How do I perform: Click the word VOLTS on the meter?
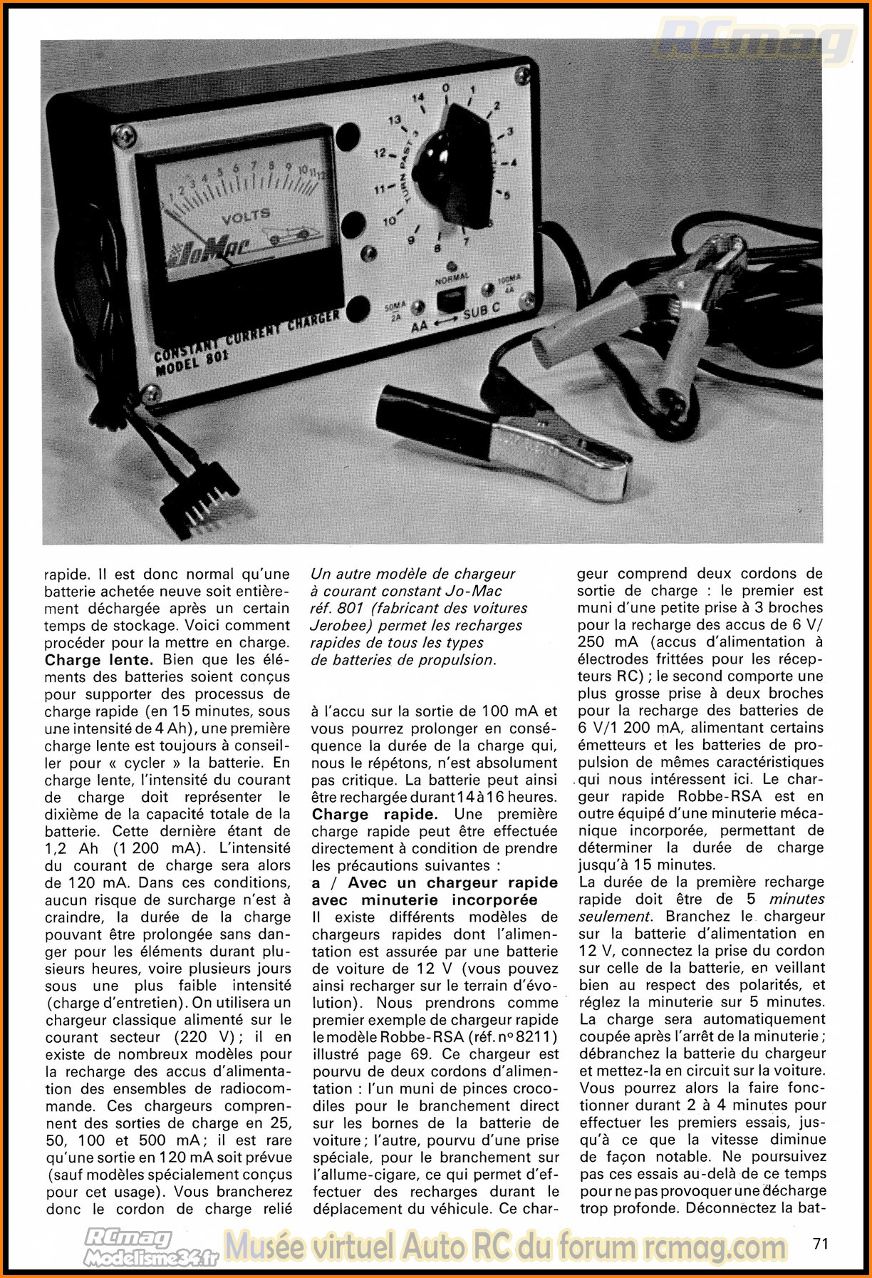[x=246, y=215]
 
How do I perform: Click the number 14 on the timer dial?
[x=418, y=98]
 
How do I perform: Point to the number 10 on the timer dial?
[x=390, y=222]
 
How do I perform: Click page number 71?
[x=820, y=1243]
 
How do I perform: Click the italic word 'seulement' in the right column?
[x=615, y=917]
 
